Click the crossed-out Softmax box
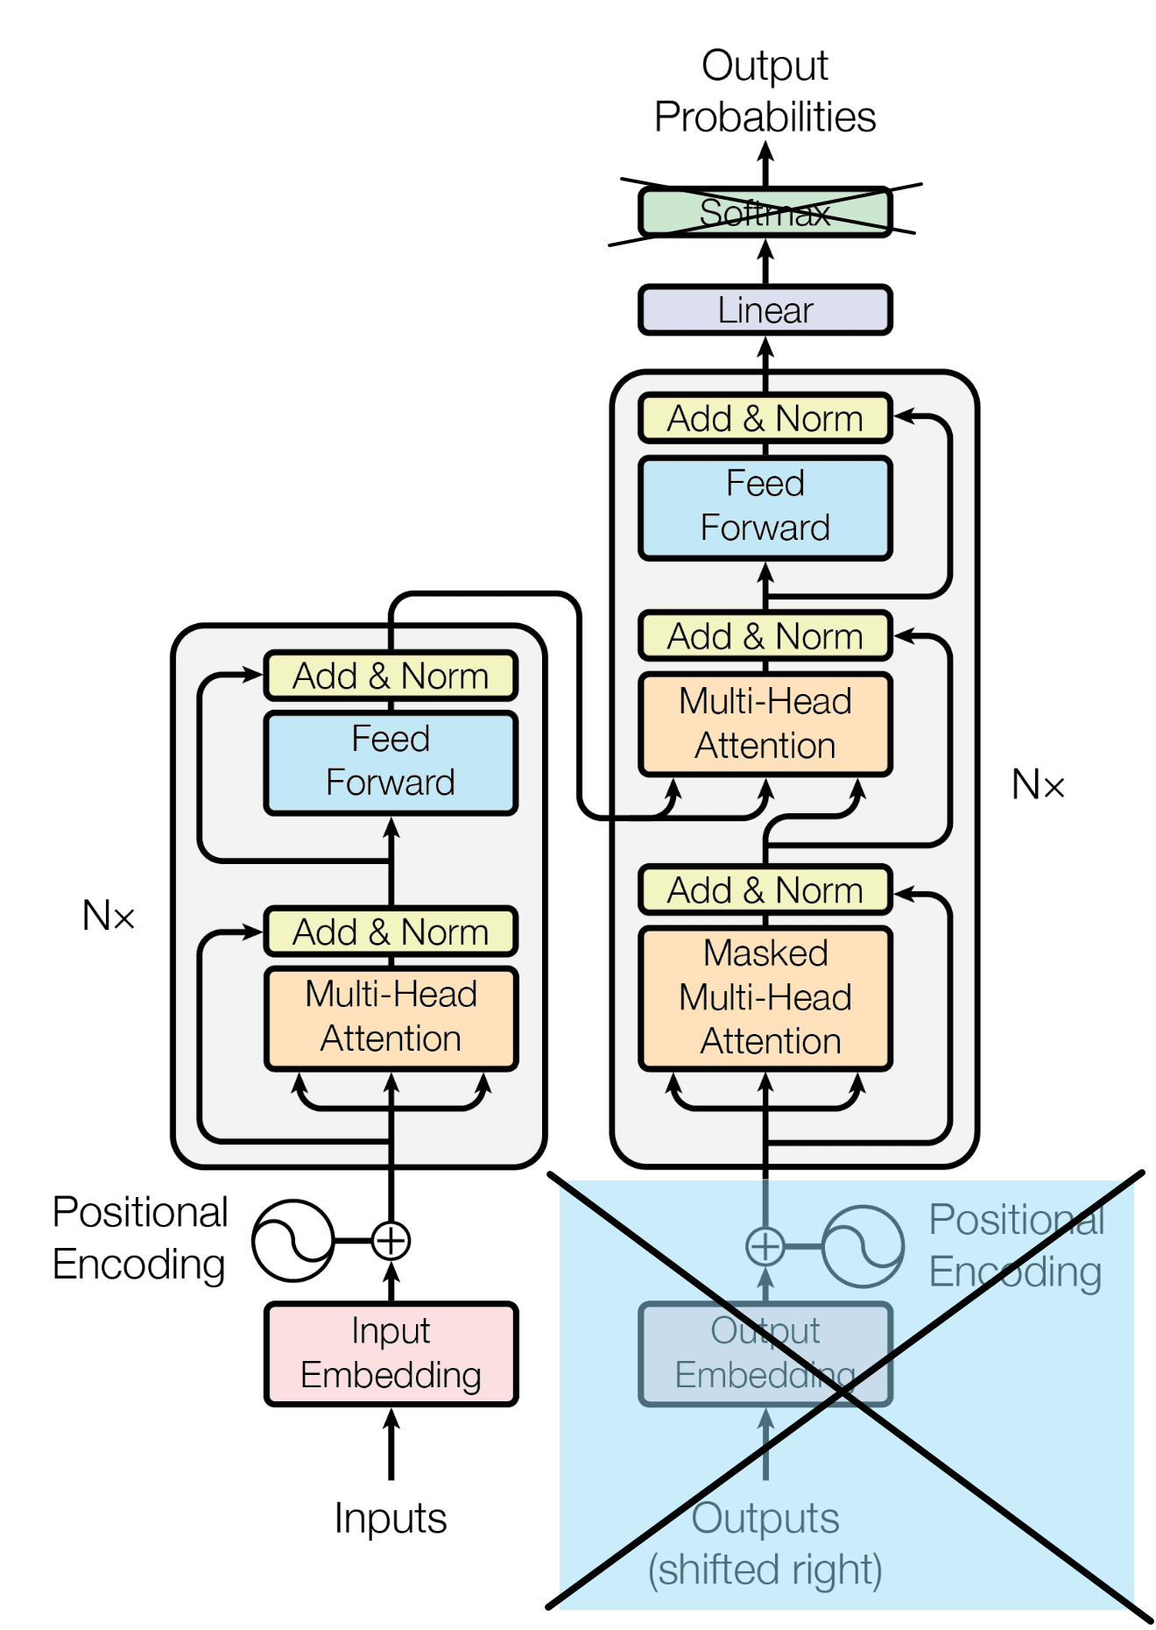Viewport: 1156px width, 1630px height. [x=765, y=213]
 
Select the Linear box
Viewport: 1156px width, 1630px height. [x=765, y=310]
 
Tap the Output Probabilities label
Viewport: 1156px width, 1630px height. [x=765, y=91]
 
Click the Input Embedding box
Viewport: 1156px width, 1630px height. [x=391, y=1353]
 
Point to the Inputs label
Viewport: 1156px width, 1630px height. [x=391, y=1518]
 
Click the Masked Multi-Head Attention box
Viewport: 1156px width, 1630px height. [x=765, y=997]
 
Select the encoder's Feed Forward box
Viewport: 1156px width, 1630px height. [x=391, y=762]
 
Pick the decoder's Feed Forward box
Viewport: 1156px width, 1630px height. [x=765, y=507]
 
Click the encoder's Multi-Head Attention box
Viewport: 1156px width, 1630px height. [x=391, y=1017]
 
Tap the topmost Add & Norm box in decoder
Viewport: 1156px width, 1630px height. [x=765, y=419]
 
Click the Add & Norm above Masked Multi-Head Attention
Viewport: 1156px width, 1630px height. [x=765, y=890]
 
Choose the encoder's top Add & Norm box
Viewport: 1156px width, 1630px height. [x=391, y=676]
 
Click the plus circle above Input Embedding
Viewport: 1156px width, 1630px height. [x=391, y=1240]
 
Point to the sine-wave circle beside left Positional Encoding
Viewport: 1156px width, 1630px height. [x=293, y=1240]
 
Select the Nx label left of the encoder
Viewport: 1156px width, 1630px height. [x=109, y=917]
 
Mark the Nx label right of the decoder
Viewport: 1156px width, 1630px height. [x=1038, y=785]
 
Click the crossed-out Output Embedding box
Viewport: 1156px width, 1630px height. [x=765, y=1353]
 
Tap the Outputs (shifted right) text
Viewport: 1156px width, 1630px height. [x=765, y=1544]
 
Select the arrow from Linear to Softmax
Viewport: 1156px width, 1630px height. [x=765, y=261]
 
